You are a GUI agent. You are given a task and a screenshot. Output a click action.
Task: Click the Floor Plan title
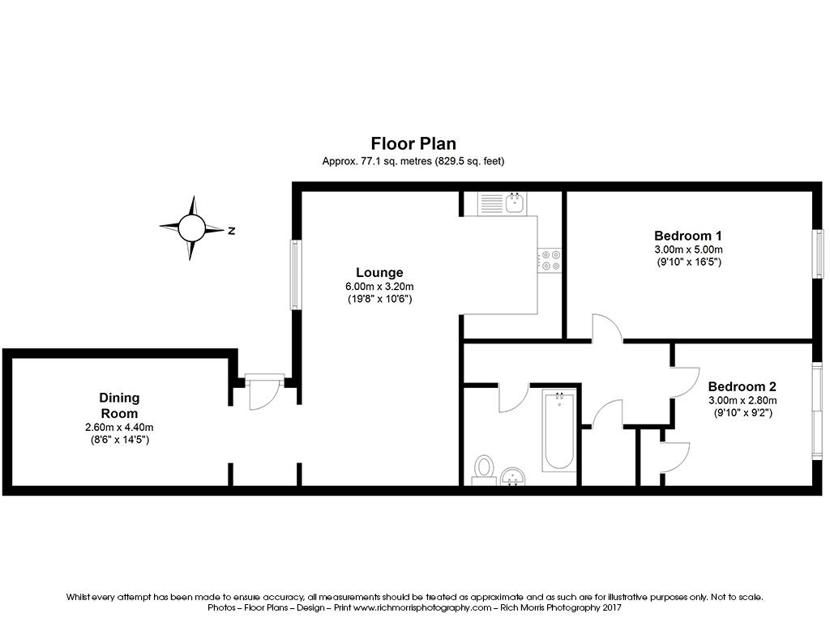pyautogui.click(x=413, y=144)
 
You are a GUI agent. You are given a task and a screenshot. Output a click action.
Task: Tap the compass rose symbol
pyautogui.click(x=192, y=228)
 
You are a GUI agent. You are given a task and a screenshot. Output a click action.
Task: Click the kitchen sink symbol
pyautogui.click(x=502, y=202)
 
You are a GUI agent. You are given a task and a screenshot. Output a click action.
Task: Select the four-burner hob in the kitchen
pyautogui.click(x=551, y=259)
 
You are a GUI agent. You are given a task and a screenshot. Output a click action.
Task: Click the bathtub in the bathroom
pyautogui.click(x=558, y=430)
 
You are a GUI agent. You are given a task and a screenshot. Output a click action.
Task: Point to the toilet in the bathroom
pyautogui.click(x=484, y=469)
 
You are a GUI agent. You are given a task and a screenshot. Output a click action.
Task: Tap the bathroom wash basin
pyautogui.click(x=512, y=476)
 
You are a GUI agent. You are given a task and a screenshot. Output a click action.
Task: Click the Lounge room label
pyautogui.click(x=379, y=272)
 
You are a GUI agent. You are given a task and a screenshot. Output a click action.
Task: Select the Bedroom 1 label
pyautogui.click(x=689, y=235)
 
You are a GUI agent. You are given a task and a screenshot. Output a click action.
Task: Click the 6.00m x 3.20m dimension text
pyautogui.click(x=379, y=286)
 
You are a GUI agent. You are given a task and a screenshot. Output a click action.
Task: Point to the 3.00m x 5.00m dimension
pyautogui.click(x=689, y=249)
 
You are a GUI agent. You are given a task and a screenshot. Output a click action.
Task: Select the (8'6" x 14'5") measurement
pyautogui.click(x=119, y=440)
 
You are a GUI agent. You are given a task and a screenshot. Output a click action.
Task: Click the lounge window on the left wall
pyautogui.click(x=295, y=275)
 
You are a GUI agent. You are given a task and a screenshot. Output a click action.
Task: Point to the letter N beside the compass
pyautogui.click(x=231, y=231)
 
